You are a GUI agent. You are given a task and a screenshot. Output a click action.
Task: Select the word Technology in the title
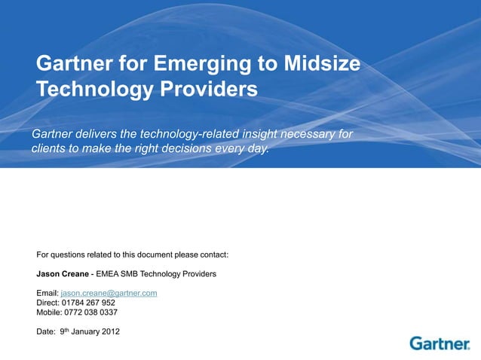point(90,90)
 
